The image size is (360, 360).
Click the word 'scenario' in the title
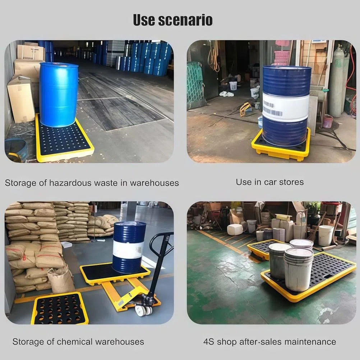coord(185,20)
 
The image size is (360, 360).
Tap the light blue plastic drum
coord(59,94)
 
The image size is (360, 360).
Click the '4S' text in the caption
coord(208,342)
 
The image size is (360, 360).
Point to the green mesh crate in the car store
coord(195,85)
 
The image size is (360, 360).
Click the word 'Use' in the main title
coord(144,20)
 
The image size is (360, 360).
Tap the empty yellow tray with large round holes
coord(60,309)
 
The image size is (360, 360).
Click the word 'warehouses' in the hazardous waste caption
coord(154,183)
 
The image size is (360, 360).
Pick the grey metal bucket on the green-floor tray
coord(278,260)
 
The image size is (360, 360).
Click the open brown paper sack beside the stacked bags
coord(61,280)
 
